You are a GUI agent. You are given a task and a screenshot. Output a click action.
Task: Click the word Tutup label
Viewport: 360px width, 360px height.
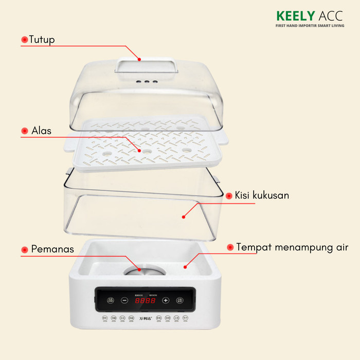click(42, 39)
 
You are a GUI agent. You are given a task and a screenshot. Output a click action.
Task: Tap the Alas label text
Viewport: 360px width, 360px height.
click(41, 131)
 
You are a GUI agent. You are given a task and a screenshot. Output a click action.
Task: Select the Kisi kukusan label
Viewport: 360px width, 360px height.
click(262, 195)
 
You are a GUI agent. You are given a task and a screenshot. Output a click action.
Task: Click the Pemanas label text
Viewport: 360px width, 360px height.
click(52, 249)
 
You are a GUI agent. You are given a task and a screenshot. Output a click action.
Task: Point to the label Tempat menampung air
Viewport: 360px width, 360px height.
click(292, 247)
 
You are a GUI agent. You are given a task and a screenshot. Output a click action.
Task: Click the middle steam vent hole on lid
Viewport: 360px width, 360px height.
click(146, 82)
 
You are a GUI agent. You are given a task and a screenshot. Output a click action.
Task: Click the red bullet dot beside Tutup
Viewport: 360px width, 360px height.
click(24, 40)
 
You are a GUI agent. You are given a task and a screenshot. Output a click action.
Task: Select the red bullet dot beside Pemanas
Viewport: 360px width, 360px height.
click(24, 250)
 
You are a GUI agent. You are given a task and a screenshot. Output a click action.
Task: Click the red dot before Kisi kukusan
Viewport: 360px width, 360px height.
click(229, 196)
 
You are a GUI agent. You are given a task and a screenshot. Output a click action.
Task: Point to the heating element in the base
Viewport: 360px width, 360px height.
click(140, 272)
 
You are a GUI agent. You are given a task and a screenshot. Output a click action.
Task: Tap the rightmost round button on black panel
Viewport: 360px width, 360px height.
click(180, 300)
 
